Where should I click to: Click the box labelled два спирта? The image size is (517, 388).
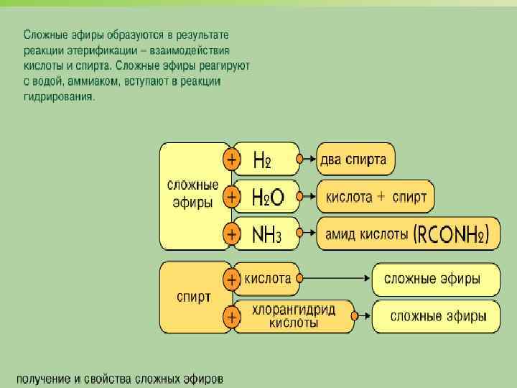click(355, 160)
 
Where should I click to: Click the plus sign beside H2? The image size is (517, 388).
click(232, 160)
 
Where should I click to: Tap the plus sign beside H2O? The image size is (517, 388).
click(232, 196)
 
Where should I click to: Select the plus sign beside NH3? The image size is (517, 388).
click(232, 234)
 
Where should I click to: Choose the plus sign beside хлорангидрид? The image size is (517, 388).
click(232, 315)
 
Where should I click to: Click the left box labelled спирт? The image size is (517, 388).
click(194, 297)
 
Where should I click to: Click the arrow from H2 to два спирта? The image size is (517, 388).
click(307, 160)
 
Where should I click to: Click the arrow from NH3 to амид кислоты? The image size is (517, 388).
click(307, 234)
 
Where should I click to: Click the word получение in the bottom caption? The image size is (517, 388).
click(44, 378)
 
